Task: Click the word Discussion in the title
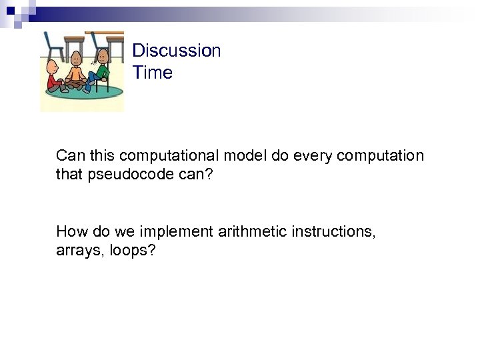tap(176, 51)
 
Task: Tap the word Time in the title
tap(152, 73)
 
